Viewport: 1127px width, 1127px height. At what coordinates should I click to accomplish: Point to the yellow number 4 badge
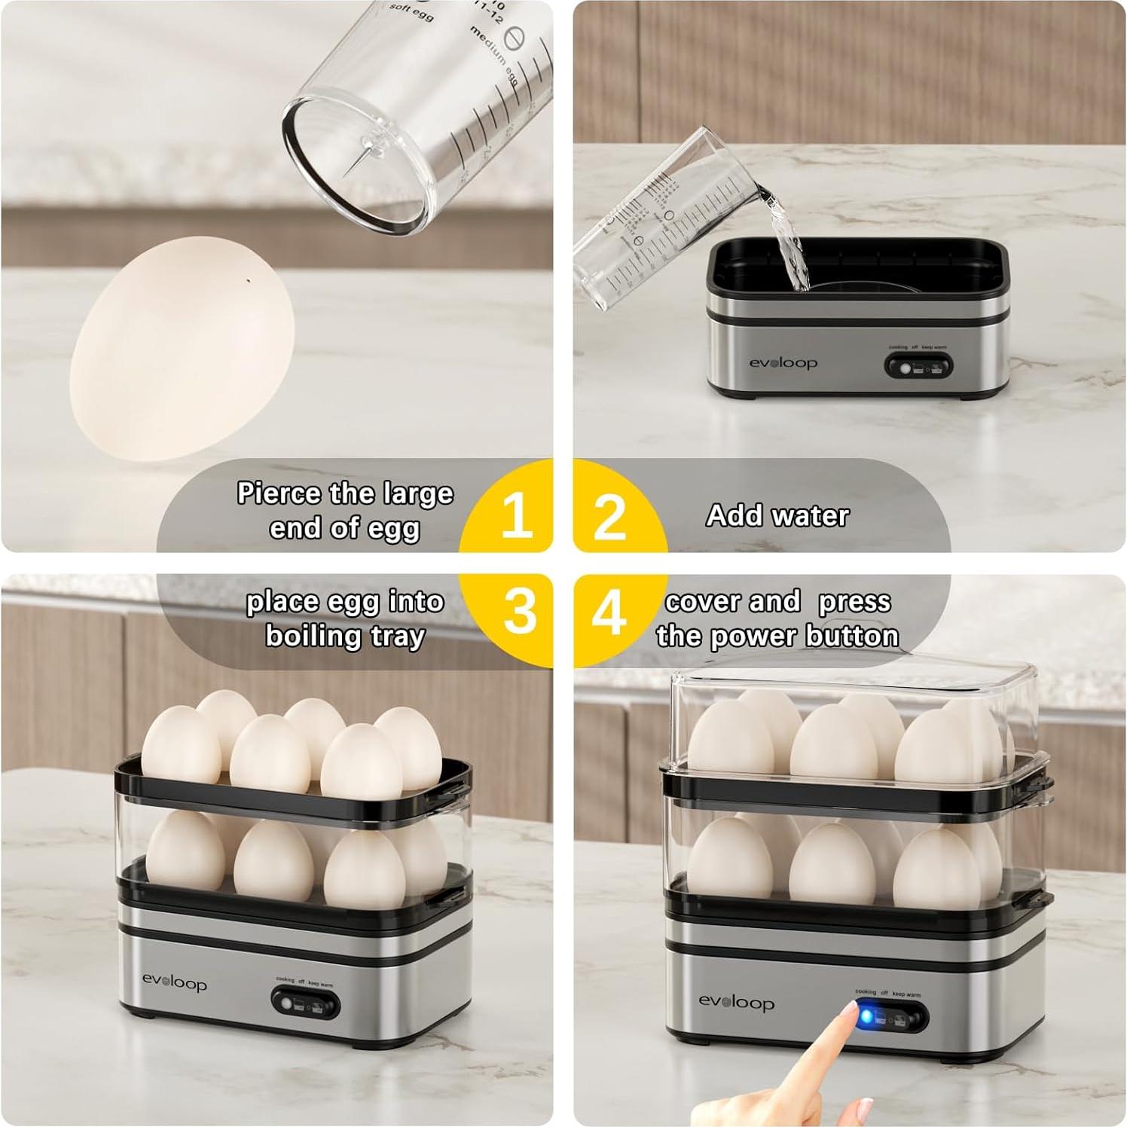point(609,612)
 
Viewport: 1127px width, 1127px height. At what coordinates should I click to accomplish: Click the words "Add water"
point(777,516)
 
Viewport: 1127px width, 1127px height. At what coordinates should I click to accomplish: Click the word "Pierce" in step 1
point(279,493)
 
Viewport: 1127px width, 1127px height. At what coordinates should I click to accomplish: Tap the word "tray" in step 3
point(398,637)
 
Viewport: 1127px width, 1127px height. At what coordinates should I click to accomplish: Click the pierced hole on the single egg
point(249,281)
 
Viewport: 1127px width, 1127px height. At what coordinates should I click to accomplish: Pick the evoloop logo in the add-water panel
point(783,363)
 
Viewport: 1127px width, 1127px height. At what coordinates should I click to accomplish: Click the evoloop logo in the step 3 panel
point(174,983)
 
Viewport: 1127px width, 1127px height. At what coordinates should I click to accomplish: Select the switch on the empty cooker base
point(918,368)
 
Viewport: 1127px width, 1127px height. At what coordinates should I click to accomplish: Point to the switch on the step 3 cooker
point(305,1003)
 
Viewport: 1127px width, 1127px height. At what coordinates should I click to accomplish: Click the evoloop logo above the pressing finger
point(736,1003)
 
